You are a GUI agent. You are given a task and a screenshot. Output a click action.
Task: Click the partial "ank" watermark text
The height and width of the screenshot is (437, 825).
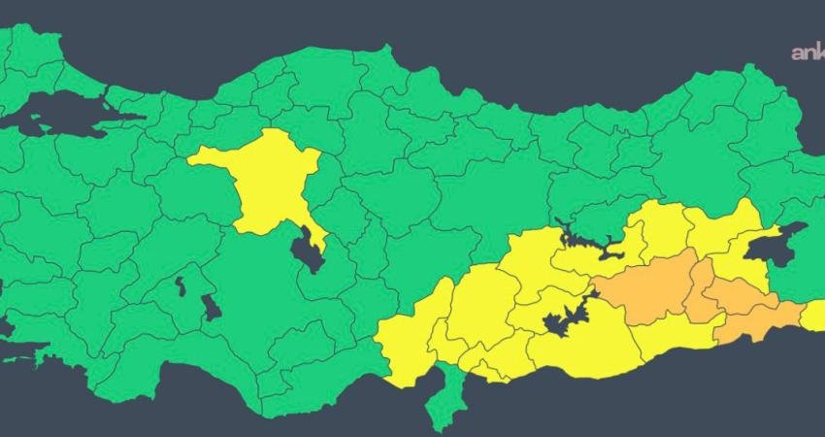click(807, 53)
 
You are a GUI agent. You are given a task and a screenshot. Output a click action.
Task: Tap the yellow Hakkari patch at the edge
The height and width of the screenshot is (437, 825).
click(813, 316)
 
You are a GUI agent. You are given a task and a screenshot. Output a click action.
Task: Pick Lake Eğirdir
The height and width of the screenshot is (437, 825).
click(181, 286)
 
